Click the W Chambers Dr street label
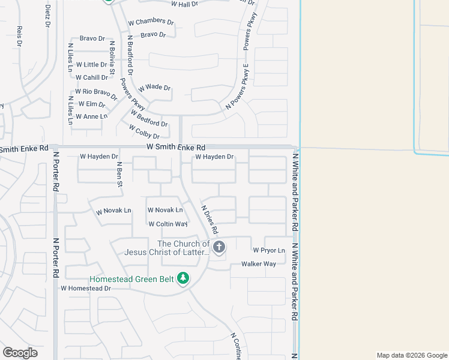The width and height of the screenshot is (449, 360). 151,22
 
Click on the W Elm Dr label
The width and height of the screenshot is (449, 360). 91,104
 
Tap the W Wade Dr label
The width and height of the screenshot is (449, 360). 155,87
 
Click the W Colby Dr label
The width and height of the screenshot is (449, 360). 144,131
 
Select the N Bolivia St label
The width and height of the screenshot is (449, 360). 112,55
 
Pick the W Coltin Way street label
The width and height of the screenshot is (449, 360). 168,224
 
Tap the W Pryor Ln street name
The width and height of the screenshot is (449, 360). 268,250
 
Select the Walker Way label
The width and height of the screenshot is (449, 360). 259,264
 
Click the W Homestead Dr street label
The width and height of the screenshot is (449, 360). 86,288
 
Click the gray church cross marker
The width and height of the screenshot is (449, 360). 219,247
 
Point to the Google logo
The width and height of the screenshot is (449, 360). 20,353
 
